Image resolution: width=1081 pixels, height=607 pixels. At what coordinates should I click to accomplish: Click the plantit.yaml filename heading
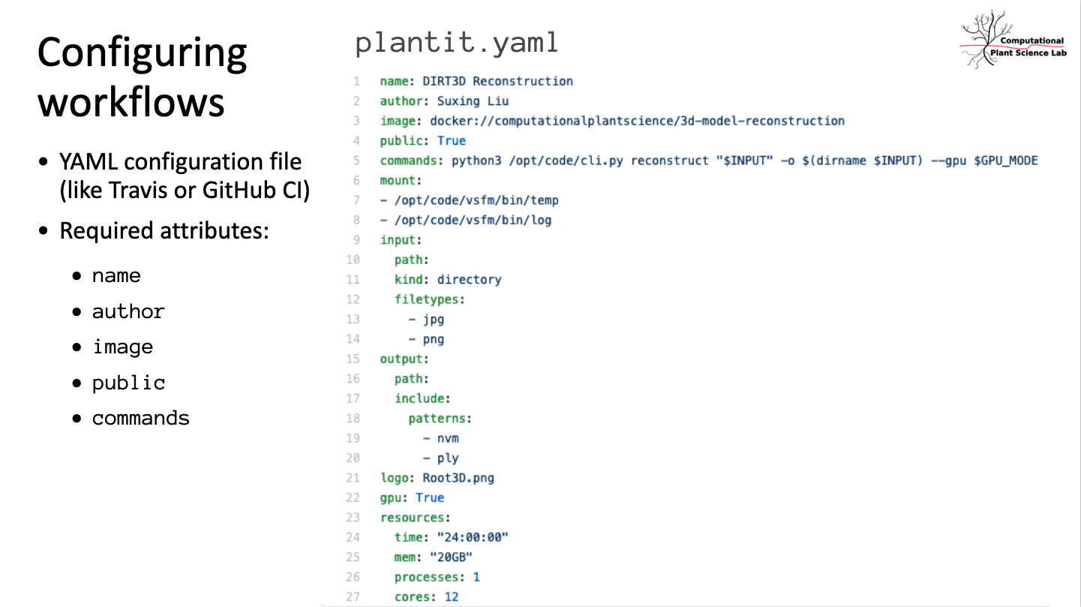[x=457, y=43]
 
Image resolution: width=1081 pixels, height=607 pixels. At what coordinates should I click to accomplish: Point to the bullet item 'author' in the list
[x=128, y=311]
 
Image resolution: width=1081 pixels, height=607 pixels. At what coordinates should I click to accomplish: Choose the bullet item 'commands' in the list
[x=141, y=419]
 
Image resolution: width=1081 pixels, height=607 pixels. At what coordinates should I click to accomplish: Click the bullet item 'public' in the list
[x=128, y=383]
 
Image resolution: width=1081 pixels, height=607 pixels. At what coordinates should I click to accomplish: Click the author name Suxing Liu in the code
[x=473, y=101]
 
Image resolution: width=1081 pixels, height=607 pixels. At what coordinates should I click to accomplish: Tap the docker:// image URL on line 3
[x=637, y=121]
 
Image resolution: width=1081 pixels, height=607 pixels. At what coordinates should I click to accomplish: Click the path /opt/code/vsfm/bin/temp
[x=476, y=200]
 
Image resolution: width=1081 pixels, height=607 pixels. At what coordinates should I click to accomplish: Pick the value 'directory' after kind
[x=469, y=280]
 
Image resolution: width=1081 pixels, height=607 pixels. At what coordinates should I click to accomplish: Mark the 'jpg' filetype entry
[x=434, y=320]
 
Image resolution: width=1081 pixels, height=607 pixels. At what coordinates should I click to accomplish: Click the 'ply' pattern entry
[x=448, y=458]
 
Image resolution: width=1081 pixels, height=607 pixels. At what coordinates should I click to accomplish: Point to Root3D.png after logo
[x=458, y=478]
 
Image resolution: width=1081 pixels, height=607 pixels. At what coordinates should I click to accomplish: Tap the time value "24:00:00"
[x=473, y=537]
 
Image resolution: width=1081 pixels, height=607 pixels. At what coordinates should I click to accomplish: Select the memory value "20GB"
[x=451, y=557]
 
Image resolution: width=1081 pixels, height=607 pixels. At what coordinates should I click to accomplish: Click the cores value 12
[x=451, y=596]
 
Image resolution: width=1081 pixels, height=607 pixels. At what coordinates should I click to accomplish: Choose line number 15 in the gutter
[x=353, y=359]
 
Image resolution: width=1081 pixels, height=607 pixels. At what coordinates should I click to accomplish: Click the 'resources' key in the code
[x=412, y=518]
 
